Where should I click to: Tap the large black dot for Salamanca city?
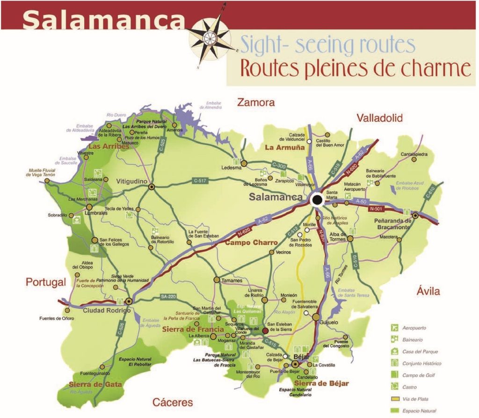coord(317,200)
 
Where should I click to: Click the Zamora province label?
coord(255,103)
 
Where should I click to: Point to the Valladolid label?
coord(379,118)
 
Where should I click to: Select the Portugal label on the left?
coord(44,282)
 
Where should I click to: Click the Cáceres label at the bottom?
coord(173,402)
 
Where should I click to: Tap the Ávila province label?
coord(428,292)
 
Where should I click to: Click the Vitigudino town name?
coord(131,181)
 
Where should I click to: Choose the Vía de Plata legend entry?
coord(421,399)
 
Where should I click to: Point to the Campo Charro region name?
coord(251,243)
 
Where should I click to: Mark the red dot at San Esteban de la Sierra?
coord(265,330)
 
